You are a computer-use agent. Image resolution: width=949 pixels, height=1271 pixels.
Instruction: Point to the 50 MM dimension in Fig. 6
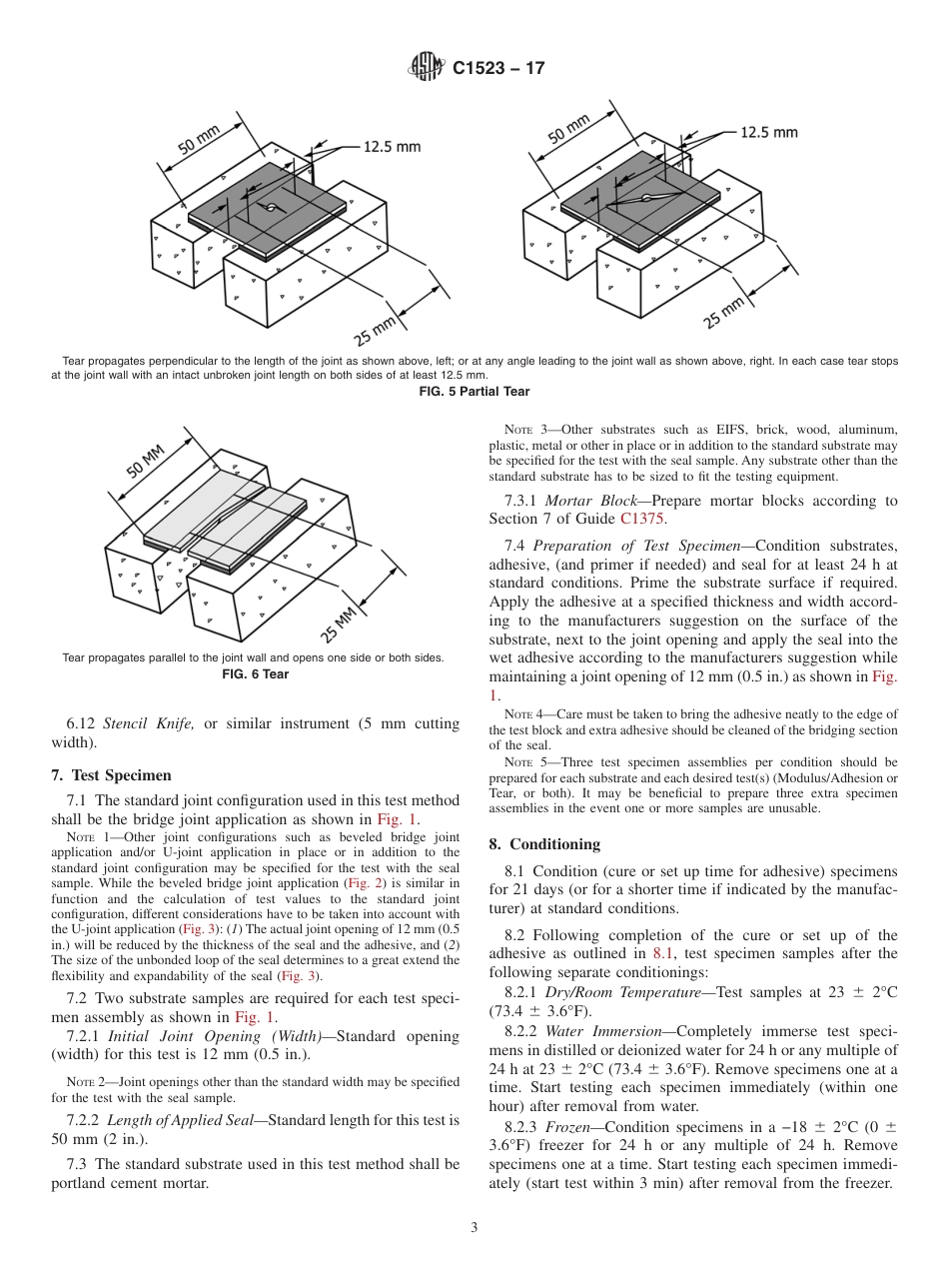146,461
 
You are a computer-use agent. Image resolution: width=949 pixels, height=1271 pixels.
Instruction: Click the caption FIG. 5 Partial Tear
474,392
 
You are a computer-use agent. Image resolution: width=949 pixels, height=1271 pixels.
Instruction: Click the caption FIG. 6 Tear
255,674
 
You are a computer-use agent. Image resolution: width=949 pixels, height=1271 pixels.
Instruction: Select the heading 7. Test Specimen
111,774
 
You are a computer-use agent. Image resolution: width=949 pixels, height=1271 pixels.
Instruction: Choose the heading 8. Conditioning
543,844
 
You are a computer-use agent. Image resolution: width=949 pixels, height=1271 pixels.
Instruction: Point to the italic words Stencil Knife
147,722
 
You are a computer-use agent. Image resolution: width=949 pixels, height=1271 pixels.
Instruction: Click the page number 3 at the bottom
474,1227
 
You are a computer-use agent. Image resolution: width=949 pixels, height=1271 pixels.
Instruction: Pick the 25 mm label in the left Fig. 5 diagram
376,327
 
